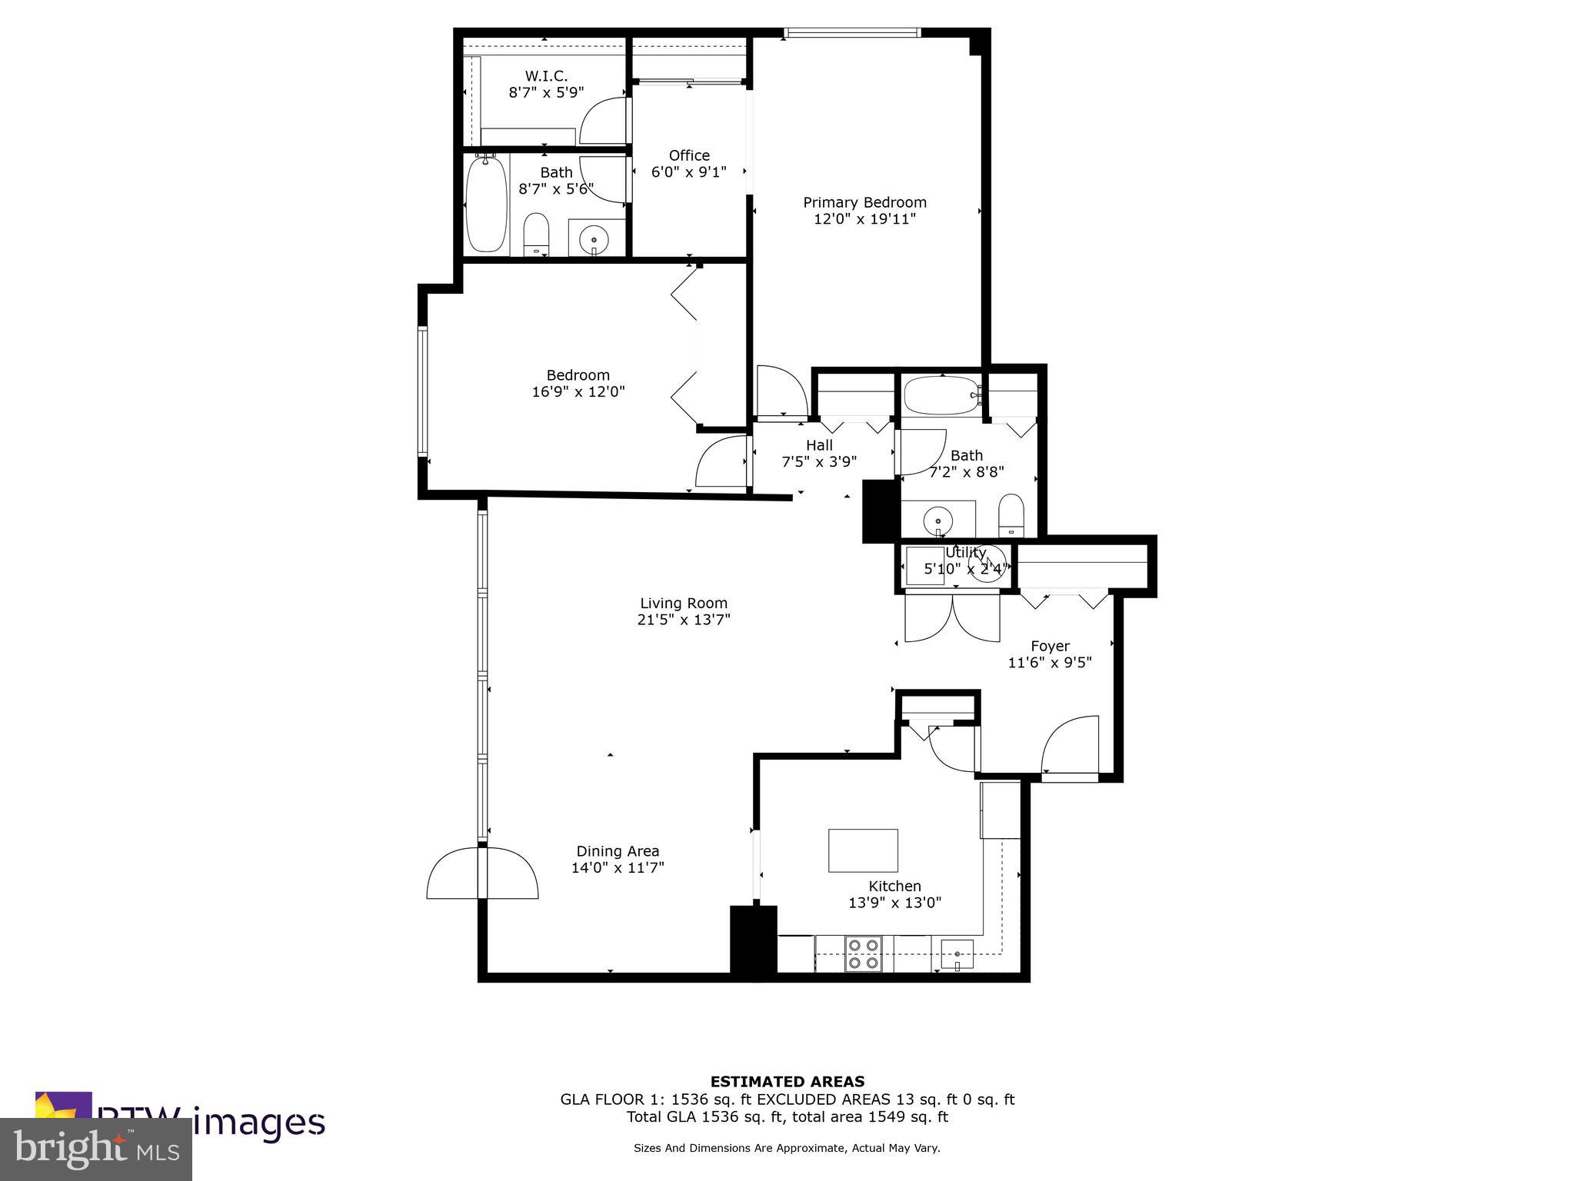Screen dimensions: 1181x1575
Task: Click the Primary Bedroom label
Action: click(x=864, y=202)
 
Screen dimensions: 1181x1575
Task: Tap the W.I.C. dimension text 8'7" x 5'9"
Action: click(x=546, y=92)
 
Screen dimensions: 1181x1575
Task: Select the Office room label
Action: click(x=689, y=155)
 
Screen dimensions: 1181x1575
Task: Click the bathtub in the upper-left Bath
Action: click(x=487, y=204)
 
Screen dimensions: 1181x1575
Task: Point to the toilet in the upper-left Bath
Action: click(x=536, y=233)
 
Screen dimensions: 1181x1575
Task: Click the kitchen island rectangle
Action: click(x=863, y=850)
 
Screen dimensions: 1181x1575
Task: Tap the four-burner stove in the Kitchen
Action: click(x=863, y=953)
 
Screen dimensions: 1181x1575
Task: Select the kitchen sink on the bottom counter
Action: click(x=957, y=955)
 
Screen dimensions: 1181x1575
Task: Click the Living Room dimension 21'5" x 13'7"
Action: click(x=684, y=620)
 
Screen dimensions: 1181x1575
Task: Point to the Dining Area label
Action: click(x=618, y=851)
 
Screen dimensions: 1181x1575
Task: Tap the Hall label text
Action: click(x=819, y=445)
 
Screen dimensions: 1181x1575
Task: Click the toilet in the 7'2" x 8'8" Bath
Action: click(x=1011, y=515)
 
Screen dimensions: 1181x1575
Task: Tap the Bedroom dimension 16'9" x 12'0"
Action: click(x=578, y=391)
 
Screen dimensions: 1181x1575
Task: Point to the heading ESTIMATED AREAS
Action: click(x=787, y=1082)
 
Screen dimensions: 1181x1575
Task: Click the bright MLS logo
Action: click(x=96, y=1149)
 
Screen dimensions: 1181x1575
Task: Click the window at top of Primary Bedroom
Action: click(x=852, y=33)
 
